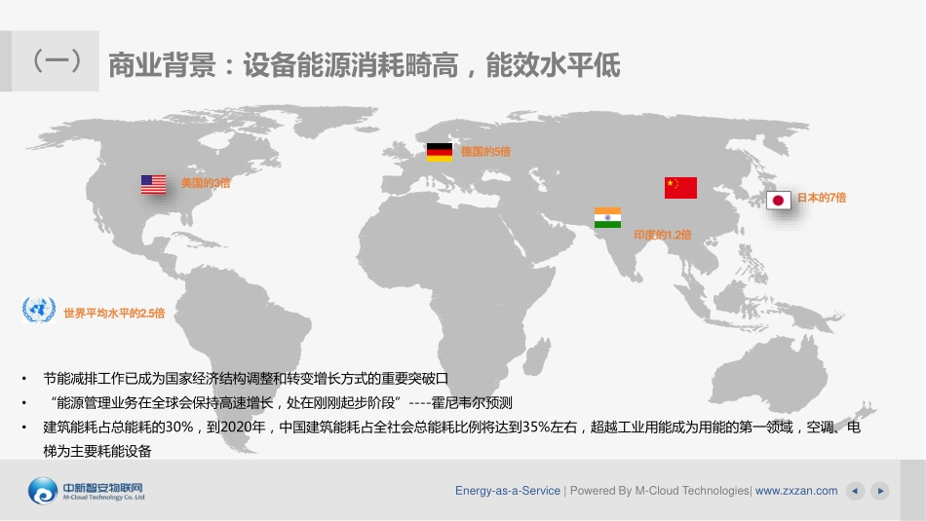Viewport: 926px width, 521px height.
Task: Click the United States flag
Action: coord(154,184)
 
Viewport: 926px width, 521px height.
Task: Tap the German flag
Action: coord(440,152)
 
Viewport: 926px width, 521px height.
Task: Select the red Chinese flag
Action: coord(680,187)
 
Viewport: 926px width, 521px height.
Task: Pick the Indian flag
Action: coord(607,217)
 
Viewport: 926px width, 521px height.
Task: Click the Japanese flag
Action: coord(779,200)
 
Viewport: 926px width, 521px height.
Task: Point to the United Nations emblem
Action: coord(40,311)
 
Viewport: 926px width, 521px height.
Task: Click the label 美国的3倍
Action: coord(206,183)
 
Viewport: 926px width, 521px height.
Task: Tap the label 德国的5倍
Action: coord(485,152)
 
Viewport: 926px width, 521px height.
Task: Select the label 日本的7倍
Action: coord(822,198)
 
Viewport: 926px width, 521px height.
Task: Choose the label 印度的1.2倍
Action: coord(662,235)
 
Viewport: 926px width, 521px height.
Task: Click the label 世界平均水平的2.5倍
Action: coord(114,313)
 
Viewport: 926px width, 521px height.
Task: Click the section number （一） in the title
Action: coord(57,64)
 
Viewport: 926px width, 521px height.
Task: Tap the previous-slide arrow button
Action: coord(855,491)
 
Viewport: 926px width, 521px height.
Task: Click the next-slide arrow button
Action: coord(879,491)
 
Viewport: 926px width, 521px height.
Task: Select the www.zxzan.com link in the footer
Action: coord(796,491)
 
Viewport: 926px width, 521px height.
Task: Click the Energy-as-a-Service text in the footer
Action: coord(508,491)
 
